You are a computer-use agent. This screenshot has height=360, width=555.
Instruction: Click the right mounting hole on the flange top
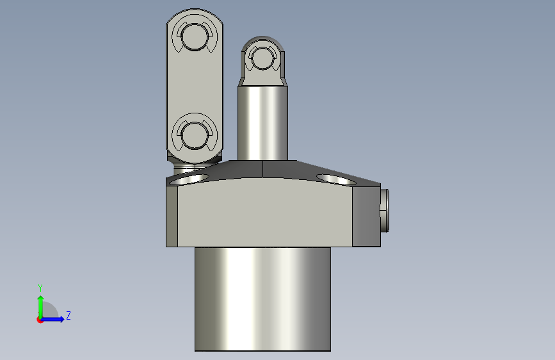[x=338, y=178]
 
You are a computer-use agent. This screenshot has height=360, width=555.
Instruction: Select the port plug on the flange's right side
[x=385, y=210]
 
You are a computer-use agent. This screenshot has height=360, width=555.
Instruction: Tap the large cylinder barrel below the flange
[x=262, y=298]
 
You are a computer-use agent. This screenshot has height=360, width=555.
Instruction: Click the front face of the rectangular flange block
[x=262, y=215]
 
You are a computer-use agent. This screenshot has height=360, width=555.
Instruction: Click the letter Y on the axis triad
[x=40, y=288]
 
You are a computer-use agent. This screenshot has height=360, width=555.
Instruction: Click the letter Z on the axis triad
[x=68, y=315]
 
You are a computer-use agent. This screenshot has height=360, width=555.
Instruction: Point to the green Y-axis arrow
[x=40, y=304]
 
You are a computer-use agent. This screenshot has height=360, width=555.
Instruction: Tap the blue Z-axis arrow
[x=54, y=319]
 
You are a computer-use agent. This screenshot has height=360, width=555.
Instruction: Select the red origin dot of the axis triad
[x=40, y=320]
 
